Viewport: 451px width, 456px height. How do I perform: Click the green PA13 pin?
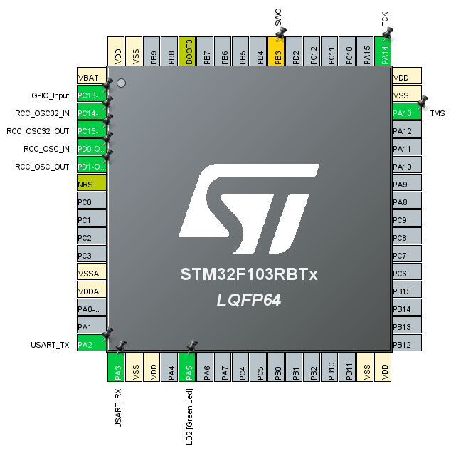click(406, 113)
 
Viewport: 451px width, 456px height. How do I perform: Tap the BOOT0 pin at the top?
click(188, 51)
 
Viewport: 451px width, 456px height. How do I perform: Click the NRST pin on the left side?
click(91, 185)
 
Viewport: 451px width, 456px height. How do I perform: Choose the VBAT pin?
click(91, 78)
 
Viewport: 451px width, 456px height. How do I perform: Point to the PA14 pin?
click(383, 51)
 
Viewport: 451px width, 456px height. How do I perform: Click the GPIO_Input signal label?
click(51, 95)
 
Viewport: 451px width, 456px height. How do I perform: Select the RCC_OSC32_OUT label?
click(38, 131)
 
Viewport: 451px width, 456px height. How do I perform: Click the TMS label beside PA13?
click(437, 114)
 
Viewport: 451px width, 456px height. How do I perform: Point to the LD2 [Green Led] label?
click(189, 417)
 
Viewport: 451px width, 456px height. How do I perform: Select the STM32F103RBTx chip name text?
click(248, 274)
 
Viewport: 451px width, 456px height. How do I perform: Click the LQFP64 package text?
click(248, 300)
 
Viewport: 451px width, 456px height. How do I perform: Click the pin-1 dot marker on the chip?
click(121, 83)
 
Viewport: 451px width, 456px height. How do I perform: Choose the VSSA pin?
click(91, 274)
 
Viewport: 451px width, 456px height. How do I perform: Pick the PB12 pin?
click(406, 345)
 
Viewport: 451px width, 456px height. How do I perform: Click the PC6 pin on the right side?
click(406, 274)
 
